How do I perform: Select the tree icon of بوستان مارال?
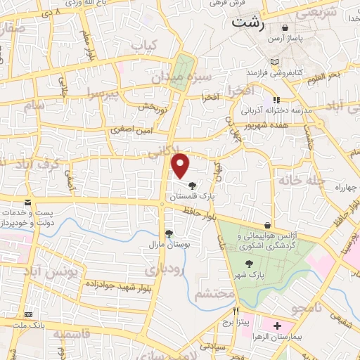click(x=168, y=233)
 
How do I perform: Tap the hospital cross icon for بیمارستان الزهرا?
click(x=277, y=326)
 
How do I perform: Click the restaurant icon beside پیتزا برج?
click(x=236, y=311)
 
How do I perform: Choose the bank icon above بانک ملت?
click(x=28, y=314)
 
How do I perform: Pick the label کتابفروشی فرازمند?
click(x=274, y=72)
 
